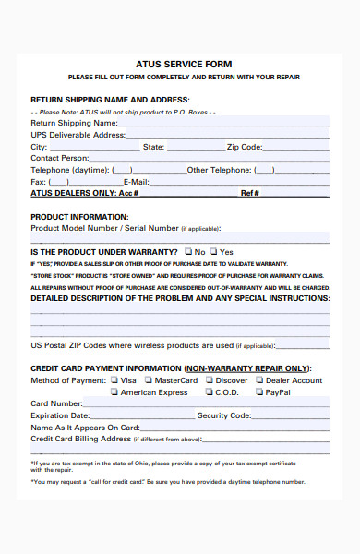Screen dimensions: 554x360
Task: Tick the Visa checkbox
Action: [114, 379]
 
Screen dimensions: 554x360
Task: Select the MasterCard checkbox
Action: [149, 379]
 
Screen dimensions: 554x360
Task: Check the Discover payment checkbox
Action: [209, 379]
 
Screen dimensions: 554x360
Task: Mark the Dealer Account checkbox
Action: [259, 379]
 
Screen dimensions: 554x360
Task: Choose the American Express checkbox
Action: [114, 391]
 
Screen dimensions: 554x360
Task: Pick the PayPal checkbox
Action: [259, 391]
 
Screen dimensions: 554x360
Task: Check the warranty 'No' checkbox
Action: [188, 251]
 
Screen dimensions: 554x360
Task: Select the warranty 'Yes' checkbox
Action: [213, 251]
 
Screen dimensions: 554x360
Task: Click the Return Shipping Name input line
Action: [223, 124]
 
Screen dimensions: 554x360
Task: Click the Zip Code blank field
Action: [295, 148]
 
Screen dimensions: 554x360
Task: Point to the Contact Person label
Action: [60, 158]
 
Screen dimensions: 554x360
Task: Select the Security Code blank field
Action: [290, 416]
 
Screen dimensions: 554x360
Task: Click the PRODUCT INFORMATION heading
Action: [79, 217]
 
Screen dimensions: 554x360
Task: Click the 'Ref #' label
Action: [250, 193]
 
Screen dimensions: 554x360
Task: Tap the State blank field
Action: [196, 148]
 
